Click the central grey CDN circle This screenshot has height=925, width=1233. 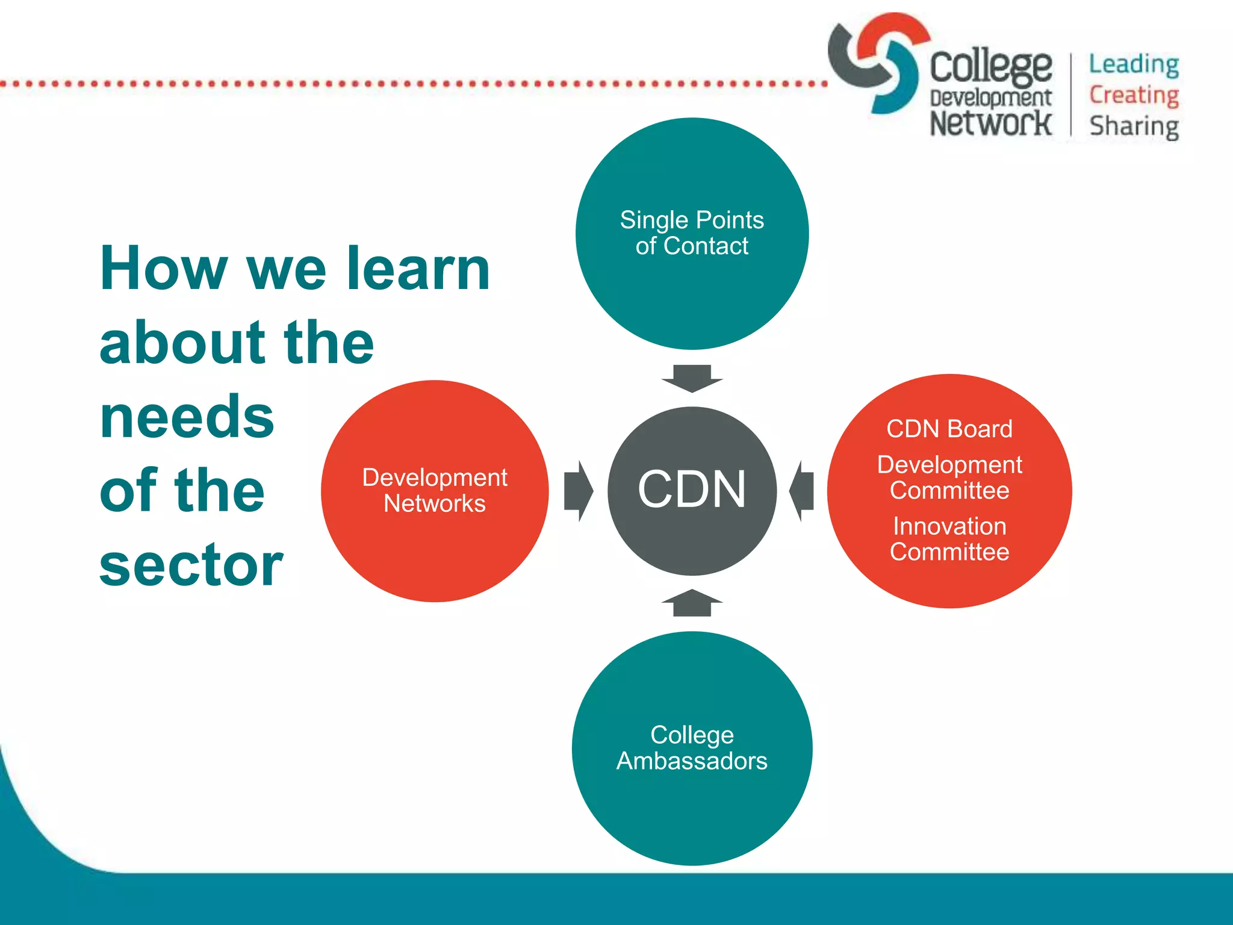[692, 491]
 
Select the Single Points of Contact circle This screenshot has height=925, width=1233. [692, 234]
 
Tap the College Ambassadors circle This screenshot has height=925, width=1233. [692, 748]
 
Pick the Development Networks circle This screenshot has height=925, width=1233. [435, 491]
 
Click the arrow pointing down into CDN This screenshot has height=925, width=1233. [692, 378]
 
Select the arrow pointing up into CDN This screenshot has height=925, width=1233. [692, 602]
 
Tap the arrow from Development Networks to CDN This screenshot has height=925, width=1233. [578, 491]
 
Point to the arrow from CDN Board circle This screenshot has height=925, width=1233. [802, 491]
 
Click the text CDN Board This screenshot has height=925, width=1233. [949, 429]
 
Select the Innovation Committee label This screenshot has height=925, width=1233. [949, 539]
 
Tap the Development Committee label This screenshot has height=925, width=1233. [949, 478]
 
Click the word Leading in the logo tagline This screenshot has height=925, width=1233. [1134, 64]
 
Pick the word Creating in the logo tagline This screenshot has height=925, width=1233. [1134, 95]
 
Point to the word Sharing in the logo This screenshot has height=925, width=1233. [1134, 126]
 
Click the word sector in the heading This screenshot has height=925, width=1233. [191, 564]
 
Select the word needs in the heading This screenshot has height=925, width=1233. [187, 417]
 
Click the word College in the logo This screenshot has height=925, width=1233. [990, 66]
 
